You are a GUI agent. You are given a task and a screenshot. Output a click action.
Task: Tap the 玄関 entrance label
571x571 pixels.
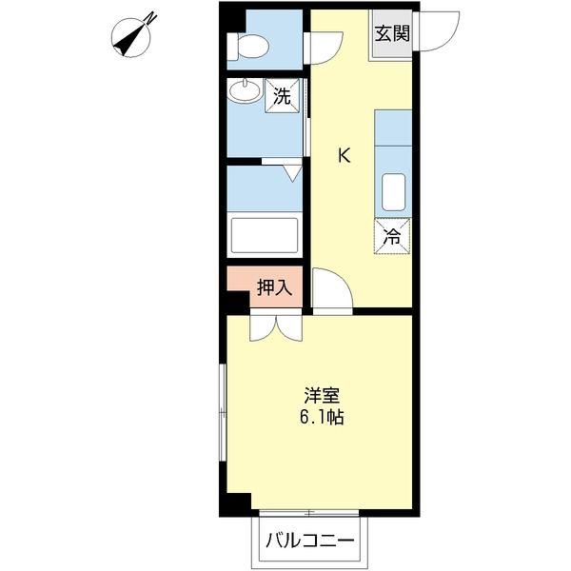click(391, 34)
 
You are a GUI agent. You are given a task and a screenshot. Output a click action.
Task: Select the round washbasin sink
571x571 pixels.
click(245, 92)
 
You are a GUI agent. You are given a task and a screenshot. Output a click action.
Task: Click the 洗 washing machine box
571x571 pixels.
click(283, 94)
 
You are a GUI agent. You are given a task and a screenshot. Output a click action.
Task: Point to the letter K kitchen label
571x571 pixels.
click(344, 156)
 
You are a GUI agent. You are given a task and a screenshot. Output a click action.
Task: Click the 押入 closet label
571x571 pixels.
click(275, 287)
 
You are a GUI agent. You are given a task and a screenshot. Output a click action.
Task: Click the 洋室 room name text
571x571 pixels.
click(323, 394)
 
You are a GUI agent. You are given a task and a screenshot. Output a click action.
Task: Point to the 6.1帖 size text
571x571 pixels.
click(323, 416)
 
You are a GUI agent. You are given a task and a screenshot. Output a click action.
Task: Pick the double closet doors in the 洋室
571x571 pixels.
click(276, 326)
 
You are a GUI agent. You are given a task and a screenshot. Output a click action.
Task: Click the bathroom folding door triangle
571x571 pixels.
click(293, 172)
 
